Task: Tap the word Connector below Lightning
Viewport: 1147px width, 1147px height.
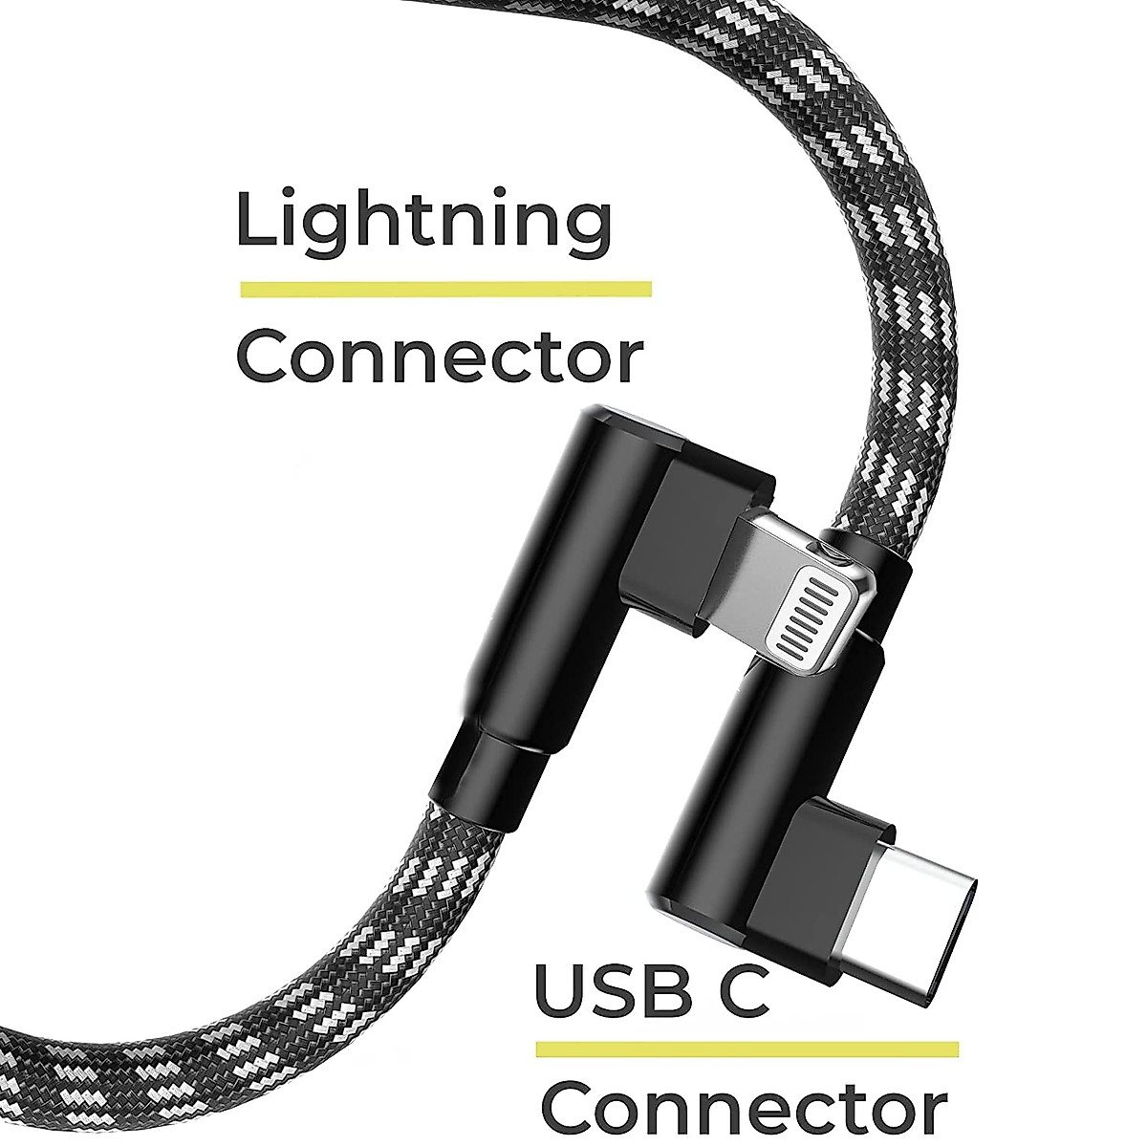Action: pos(439,357)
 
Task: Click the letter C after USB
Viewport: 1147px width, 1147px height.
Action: pos(739,992)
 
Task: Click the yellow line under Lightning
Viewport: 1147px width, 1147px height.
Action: pos(445,289)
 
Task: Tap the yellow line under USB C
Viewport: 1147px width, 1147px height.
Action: pos(747,1049)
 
